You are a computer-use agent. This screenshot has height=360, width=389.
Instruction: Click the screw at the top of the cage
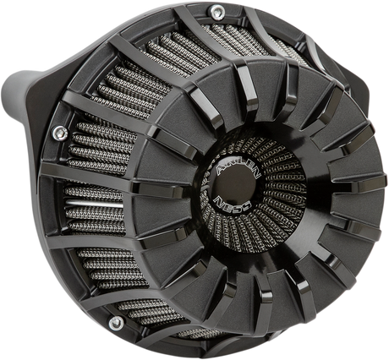click(216, 11)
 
